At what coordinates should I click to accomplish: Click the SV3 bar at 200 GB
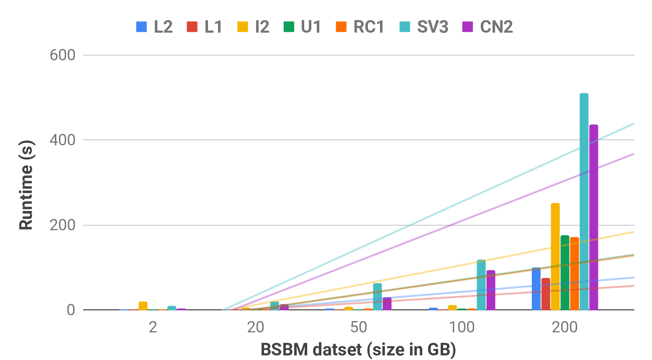point(584,201)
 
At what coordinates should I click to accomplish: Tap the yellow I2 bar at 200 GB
point(555,256)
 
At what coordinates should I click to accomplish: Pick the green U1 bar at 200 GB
point(565,272)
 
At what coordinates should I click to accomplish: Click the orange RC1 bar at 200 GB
point(575,273)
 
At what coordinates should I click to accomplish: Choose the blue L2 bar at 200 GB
point(536,288)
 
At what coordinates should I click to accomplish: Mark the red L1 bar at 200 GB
point(546,294)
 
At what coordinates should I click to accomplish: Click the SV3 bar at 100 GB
point(481,285)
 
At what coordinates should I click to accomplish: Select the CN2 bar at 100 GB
point(491,290)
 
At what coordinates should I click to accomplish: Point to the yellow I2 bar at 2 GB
point(143,306)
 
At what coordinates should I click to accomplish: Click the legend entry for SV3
point(424,27)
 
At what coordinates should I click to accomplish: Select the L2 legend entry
point(154,27)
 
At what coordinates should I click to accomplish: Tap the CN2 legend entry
point(488,27)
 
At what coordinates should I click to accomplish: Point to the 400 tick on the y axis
point(62,140)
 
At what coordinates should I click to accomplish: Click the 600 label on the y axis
point(62,55)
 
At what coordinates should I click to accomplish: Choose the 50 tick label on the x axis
point(359,327)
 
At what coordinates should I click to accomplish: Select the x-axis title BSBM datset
point(358,350)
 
